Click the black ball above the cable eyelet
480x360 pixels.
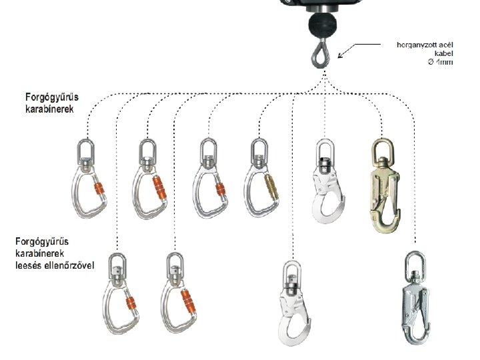(x=321, y=27)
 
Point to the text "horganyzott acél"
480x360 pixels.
(x=425, y=45)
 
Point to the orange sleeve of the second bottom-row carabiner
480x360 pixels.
(x=192, y=300)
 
